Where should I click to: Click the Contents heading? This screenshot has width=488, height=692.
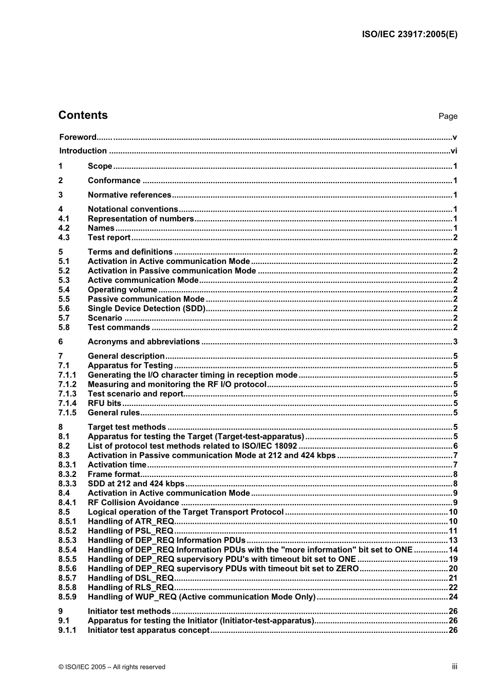pos(83,115)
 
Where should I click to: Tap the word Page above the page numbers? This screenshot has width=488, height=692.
pos(447,116)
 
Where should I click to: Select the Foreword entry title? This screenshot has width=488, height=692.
pos(78,137)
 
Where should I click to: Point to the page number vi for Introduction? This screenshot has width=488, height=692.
pos(454,151)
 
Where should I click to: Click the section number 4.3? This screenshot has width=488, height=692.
pos(64,237)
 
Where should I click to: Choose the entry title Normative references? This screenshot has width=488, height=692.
pos(129,195)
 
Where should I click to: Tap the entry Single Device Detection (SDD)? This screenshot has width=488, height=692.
pos(146,309)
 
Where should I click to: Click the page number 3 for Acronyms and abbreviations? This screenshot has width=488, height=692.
pos(455,342)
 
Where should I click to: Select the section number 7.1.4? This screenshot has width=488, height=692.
pos(67,403)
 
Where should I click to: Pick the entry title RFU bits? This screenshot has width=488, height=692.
pos(104,403)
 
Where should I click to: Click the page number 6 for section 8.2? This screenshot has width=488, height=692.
pos(455,446)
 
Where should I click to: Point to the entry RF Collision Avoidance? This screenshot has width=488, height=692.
pos(134,503)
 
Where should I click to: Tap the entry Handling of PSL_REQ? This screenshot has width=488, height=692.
pos(130,531)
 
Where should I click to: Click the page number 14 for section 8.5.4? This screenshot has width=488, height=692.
pos(453,549)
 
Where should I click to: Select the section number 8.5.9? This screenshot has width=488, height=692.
pos(67,597)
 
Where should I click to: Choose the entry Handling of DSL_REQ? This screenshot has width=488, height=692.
pos(130,578)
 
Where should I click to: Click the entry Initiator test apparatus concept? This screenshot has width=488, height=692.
pos(148,630)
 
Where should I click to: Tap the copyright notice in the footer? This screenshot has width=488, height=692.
pos(112,667)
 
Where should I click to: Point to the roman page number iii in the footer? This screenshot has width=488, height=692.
pos(455,666)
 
